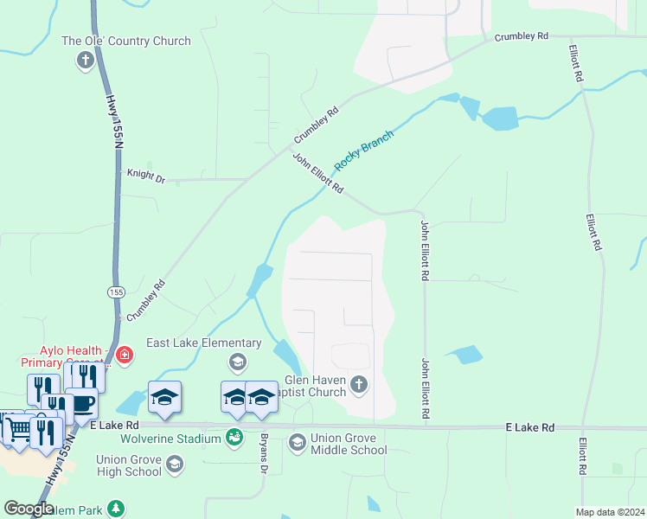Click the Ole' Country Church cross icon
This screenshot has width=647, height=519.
(x=85, y=61)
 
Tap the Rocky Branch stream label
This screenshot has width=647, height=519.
(x=364, y=150)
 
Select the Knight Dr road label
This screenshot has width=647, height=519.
(x=145, y=176)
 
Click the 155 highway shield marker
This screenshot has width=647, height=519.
(x=116, y=292)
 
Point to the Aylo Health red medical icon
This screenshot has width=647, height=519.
(x=125, y=356)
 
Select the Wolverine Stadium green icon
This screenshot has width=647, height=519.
(x=234, y=439)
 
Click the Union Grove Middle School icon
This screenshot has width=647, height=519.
(x=298, y=443)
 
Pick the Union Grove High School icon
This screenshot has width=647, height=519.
(x=175, y=465)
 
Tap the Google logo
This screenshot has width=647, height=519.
(x=29, y=509)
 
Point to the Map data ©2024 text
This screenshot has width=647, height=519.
(x=611, y=512)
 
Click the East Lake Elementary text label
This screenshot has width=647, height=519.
(x=203, y=343)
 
